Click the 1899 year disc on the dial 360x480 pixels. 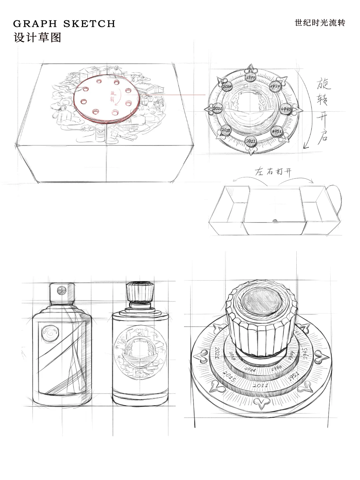tap(251, 77)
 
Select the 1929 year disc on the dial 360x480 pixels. tap(276, 86)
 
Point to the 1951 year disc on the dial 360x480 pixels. tap(277, 131)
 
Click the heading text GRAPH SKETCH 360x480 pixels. tap(64, 24)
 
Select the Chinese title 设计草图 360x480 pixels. tap(37, 37)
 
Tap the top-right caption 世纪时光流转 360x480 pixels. tap(320, 23)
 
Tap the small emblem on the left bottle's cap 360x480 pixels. tap(61, 291)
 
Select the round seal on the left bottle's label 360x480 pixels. tap(51, 333)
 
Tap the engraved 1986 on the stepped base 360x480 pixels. tap(276, 368)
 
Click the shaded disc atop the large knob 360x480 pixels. tap(261, 301)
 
